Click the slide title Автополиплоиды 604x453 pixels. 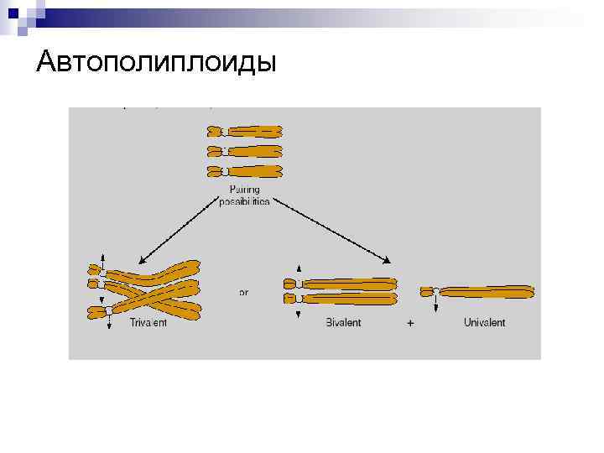click(156, 63)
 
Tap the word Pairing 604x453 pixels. click(243, 190)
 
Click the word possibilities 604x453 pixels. click(243, 202)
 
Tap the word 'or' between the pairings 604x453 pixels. click(243, 294)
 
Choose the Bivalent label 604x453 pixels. click(343, 323)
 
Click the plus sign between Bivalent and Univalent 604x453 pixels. click(410, 324)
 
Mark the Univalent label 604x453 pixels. click(485, 323)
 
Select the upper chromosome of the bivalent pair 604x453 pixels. click(344, 284)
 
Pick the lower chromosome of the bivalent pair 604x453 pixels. click(344, 298)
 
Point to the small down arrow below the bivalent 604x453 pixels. click(299, 312)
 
